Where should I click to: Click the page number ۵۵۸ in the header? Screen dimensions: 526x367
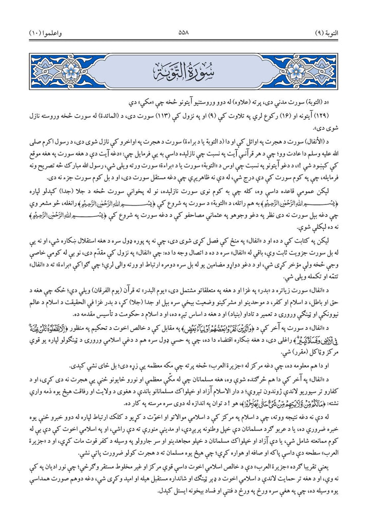click(x=183, y=32)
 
